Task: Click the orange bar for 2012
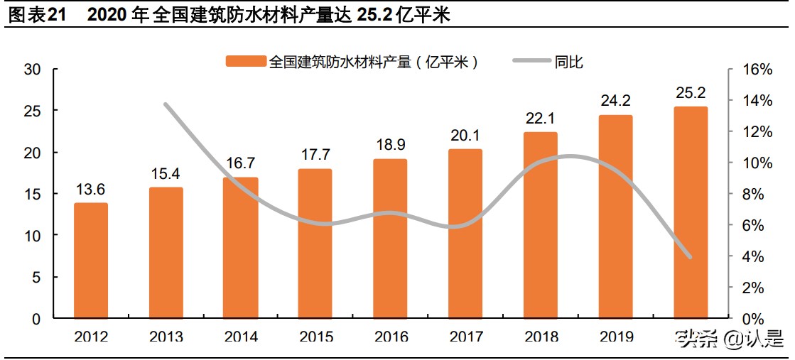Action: (91, 261)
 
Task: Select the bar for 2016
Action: (391, 239)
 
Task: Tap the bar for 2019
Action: (615, 217)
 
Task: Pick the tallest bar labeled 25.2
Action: (691, 212)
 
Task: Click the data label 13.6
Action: (91, 190)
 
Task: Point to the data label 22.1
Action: (541, 119)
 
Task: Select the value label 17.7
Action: (315, 156)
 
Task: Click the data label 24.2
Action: (615, 102)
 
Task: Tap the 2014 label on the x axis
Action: (241, 337)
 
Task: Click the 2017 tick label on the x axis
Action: (465, 337)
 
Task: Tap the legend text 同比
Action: (569, 62)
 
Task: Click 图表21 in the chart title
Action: (36, 15)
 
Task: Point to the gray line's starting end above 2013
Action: (166, 104)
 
